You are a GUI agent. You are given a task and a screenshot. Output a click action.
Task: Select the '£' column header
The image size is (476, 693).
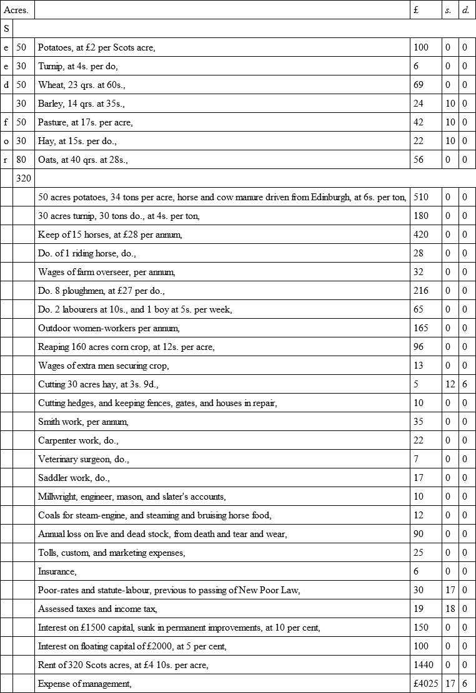click(417, 10)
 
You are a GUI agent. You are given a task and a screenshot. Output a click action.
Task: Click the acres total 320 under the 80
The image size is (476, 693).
click(23, 178)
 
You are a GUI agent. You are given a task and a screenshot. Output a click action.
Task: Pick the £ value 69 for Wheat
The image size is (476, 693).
click(419, 85)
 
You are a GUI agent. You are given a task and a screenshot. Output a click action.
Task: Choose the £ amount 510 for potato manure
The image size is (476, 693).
click(421, 197)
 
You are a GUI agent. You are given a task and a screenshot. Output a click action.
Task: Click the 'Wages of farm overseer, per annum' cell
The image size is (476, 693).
click(107, 272)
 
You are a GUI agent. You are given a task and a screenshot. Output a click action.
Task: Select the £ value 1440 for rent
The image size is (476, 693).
click(424, 665)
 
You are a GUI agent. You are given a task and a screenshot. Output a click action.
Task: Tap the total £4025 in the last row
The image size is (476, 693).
click(425, 684)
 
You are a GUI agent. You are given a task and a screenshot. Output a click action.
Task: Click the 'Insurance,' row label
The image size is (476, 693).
click(57, 571)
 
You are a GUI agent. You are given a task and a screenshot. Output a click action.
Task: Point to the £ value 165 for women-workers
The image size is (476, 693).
click(421, 328)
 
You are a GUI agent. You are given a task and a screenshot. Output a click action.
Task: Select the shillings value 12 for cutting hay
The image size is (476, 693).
click(450, 384)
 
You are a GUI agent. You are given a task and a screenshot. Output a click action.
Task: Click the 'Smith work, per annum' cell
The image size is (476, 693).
click(83, 422)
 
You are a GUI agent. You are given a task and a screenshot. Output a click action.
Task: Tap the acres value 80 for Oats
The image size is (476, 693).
click(21, 160)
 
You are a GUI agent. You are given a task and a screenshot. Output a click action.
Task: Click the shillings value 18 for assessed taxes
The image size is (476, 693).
click(450, 609)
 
